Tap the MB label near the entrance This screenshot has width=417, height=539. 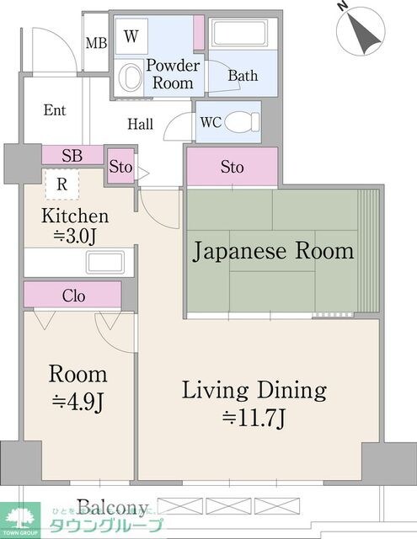[96, 42]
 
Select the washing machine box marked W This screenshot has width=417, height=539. [131, 36]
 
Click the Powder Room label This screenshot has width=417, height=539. [173, 74]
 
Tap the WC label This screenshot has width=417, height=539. [210, 120]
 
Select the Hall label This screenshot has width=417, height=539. [140, 124]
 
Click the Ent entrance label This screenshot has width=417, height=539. [55, 110]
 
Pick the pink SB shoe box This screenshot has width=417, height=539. [72, 156]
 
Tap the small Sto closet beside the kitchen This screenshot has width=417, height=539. [120, 167]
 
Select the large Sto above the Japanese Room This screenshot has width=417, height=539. [232, 167]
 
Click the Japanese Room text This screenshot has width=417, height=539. [275, 251]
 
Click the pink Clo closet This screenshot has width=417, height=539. [72, 296]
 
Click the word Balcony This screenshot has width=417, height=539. [113, 507]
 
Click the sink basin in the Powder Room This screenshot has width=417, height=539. [131, 77]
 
